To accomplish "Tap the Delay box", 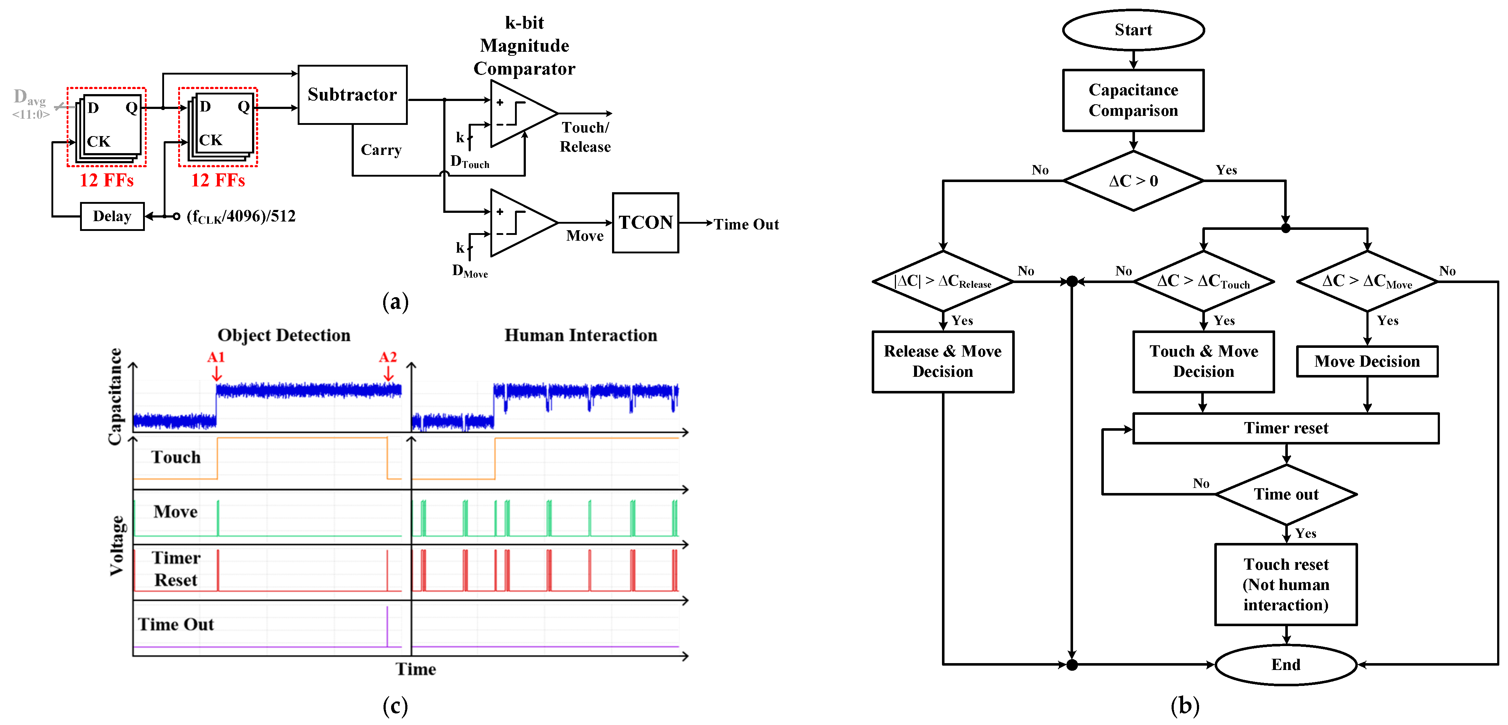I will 112,216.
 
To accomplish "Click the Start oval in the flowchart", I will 1133,30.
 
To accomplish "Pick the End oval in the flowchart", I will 1286,664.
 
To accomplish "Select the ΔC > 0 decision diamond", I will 1133,181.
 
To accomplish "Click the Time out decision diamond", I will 1286,494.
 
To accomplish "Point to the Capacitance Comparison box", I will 1133,100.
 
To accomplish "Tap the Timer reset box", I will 1286,428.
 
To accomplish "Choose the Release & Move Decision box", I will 942,362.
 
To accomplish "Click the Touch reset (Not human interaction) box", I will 1286,585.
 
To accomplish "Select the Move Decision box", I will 1367,362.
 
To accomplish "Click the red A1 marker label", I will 216,357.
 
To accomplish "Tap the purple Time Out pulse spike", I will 387,626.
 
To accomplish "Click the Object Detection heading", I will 284,335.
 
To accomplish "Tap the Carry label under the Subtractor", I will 381,150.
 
